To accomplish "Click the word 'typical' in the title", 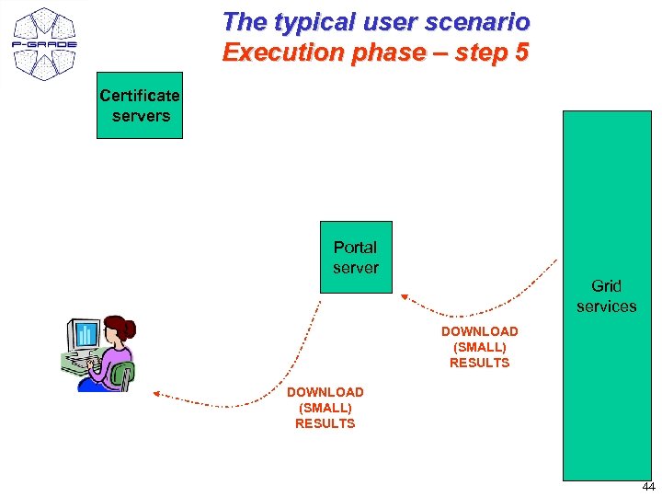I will [x=312, y=21].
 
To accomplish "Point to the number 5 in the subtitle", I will [x=521, y=52].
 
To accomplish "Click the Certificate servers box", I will [x=140, y=105].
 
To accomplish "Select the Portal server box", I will [x=355, y=257].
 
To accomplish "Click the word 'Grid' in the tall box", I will [x=606, y=286].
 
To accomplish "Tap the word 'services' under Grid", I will [x=606, y=306].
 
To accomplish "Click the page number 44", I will [x=648, y=487].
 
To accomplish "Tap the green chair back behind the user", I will [x=121, y=376].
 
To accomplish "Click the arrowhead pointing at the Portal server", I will [x=405, y=295].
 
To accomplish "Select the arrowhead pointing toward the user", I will [x=155, y=393].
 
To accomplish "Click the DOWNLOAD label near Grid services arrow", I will [x=479, y=331].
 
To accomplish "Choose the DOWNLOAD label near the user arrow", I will [x=325, y=392].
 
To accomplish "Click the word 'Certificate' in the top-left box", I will [x=140, y=96].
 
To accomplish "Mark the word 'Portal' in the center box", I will [x=355, y=248].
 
